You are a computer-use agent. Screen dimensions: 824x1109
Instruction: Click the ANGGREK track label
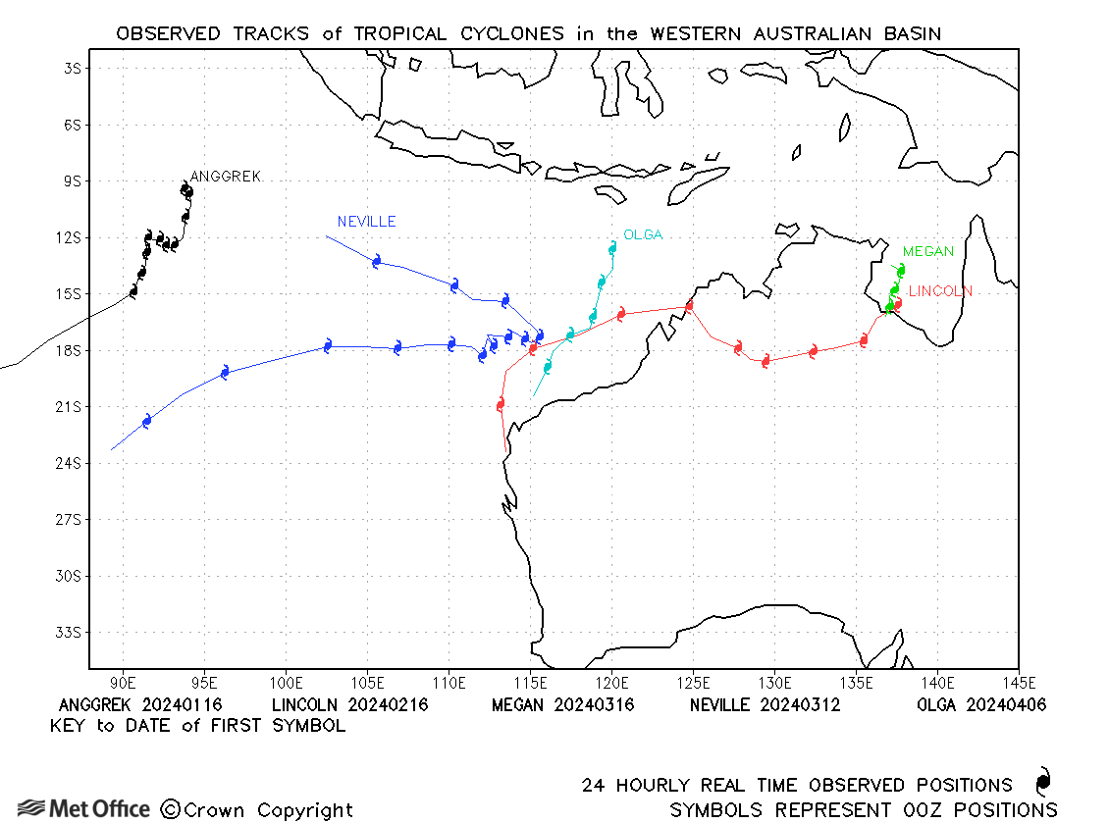(225, 177)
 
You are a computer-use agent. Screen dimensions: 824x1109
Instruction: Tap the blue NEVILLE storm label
(366, 222)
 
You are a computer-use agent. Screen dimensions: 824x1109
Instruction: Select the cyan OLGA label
(643, 234)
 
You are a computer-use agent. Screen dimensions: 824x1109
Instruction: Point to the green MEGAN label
(927, 252)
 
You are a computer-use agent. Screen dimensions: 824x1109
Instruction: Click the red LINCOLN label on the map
(940, 291)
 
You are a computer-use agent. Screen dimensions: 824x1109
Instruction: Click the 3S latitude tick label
(71, 69)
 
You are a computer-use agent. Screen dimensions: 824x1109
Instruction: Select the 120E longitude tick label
(611, 683)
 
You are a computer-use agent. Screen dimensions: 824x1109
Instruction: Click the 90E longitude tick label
(123, 683)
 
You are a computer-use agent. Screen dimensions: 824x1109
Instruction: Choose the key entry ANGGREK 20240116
(140, 705)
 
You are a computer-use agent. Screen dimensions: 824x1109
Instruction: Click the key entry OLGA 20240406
(981, 705)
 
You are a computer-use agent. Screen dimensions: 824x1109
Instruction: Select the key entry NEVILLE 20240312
(765, 705)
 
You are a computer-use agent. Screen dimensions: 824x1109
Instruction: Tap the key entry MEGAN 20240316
(562, 705)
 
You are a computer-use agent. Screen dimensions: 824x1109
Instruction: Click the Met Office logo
(83, 809)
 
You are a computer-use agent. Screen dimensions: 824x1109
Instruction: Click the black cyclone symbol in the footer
(1042, 782)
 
